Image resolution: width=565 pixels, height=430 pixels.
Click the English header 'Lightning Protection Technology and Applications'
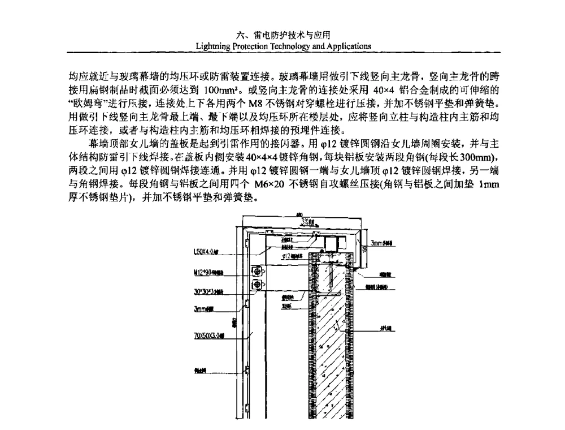click(x=282, y=46)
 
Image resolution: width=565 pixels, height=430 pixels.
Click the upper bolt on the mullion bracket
click(x=258, y=271)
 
